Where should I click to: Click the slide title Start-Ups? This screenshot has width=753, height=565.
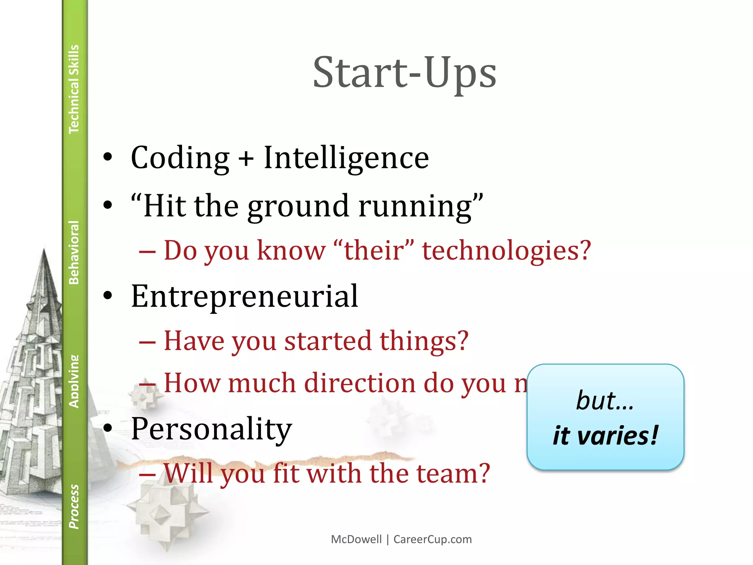click(x=404, y=73)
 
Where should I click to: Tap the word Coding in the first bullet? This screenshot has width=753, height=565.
click(x=180, y=158)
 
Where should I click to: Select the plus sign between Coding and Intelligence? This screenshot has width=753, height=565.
click(x=246, y=159)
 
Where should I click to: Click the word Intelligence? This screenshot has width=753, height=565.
click(x=346, y=158)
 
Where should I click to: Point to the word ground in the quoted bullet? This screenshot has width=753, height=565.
click(x=298, y=207)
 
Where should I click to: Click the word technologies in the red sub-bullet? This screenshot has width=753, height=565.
click(x=506, y=250)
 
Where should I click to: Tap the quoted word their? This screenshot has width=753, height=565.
click(x=374, y=250)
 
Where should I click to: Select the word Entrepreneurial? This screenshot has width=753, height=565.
click(x=245, y=296)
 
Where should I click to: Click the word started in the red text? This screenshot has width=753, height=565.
click(x=328, y=341)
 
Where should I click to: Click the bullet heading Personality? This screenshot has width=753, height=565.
click(x=211, y=429)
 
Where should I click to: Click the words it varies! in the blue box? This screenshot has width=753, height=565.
click(x=605, y=436)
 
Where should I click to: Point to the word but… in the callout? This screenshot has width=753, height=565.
click(x=605, y=401)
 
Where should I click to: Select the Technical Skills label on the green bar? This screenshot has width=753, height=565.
click(x=74, y=89)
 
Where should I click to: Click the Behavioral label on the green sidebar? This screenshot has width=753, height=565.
click(x=74, y=252)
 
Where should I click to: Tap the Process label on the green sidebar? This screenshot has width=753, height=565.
click(x=74, y=507)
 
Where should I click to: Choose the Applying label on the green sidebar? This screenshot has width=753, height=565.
click(x=74, y=381)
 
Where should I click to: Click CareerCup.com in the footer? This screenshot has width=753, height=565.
click(x=432, y=539)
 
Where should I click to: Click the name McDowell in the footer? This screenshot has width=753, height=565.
click(x=356, y=539)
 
